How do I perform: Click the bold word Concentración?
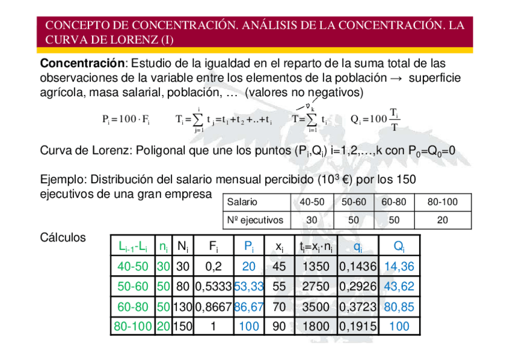[x=81, y=63]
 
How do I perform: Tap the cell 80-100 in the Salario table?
[x=442, y=203]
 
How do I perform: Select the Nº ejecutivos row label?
[x=255, y=220]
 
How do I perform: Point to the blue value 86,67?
[x=248, y=307]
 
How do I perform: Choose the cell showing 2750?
[x=315, y=286]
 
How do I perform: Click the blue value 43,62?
[x=399, y=286]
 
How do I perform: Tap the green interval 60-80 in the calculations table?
[x=133, y=307]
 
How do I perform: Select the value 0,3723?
[x=358, y=307]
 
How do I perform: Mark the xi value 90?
[x=279, y=326]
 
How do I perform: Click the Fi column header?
[x=213, y=246]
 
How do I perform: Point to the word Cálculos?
[x=63, y=237]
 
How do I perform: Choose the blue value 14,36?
[x=399, y=266]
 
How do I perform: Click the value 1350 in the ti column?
[x=315, y=266]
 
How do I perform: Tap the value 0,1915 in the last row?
[x=358, y=326]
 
